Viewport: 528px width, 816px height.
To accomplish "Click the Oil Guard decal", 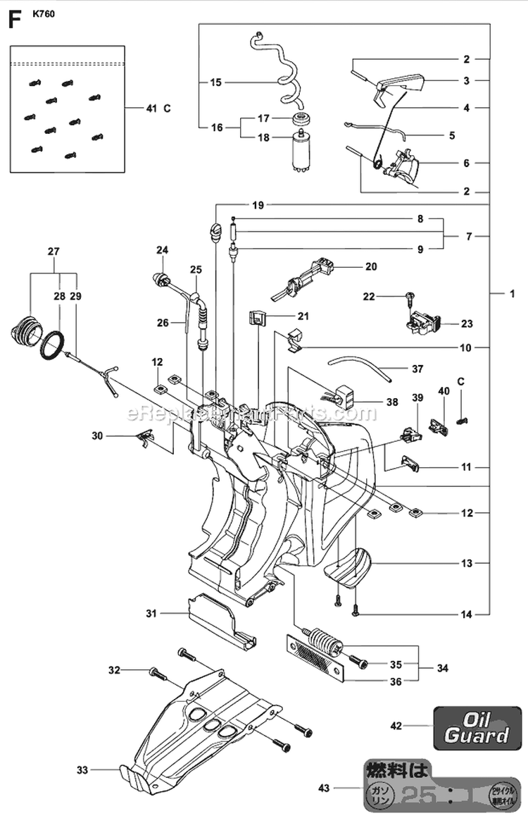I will click(x=476, y=727).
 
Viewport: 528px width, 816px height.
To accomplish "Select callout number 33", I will click(x=82, y=770).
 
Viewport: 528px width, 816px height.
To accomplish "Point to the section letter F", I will click(x=12, y=20).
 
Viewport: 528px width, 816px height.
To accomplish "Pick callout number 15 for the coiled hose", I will click(x=215, y=82).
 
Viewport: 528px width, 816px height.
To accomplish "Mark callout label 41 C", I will click(x=157, y=109).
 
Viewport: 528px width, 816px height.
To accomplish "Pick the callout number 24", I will click(x=163, y=249).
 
